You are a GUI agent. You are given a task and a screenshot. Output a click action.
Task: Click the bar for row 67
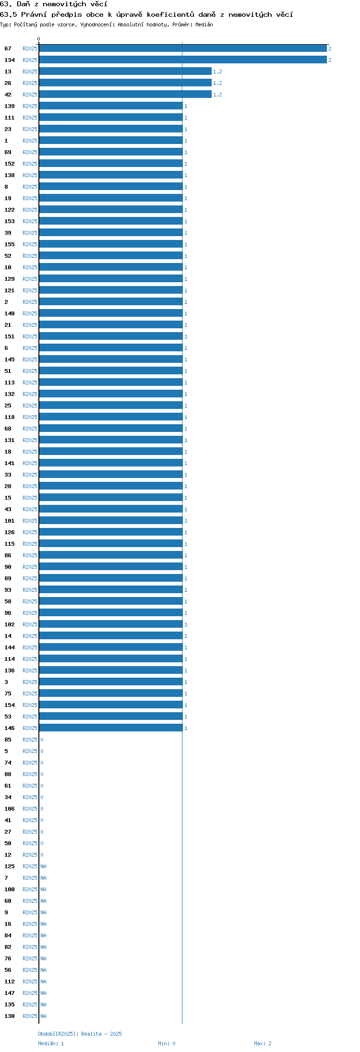click(x=183, y=48)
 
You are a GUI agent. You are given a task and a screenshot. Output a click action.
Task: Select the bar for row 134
click(x=183, y=60)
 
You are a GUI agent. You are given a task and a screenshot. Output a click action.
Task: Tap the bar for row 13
click(x=125, y=72)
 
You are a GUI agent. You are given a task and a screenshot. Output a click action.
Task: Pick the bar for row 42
click(x=125, y=95)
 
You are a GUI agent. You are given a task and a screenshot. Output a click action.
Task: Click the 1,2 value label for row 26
click(x=217, y=83)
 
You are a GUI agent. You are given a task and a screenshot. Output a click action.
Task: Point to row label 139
click(x=10, y=106)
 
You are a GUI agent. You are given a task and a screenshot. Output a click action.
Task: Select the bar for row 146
click(x=111, y=728)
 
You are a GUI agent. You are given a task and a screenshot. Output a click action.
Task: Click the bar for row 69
click(x=111, y=152)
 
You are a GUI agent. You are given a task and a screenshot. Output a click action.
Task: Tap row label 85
click(x=8, y=740)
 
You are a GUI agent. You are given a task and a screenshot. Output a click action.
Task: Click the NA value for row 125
click(x=43, y=866)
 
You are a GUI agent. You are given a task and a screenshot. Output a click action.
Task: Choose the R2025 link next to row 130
click(x=30, y=1016)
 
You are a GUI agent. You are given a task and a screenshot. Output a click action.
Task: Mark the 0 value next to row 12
click(x=42, y=855)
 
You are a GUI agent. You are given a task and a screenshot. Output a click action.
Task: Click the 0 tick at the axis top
click(x=39, y=39)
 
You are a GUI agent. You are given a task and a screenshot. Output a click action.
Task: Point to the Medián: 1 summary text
click(x=51, y=1043)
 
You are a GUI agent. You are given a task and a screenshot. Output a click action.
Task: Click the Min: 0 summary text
click(x=167, y=1043)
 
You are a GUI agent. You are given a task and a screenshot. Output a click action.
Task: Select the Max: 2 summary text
click(x=263, y=1043)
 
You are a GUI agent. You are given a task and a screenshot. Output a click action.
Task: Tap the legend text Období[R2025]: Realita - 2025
click(x=80, y=1034)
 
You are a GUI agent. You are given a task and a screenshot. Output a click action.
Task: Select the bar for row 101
click(x=111, y=521)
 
